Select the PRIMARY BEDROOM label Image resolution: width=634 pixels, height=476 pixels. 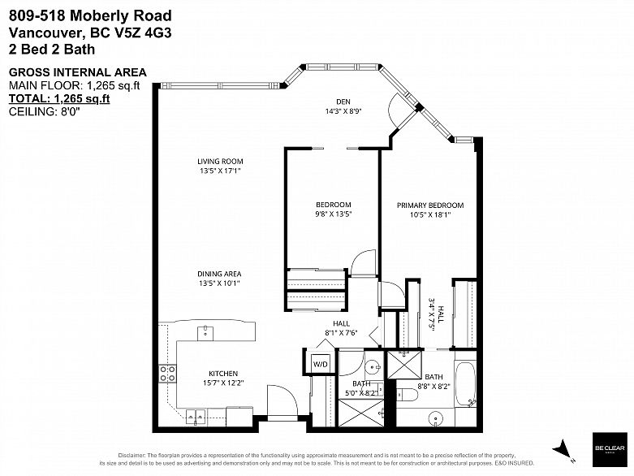[429, 205]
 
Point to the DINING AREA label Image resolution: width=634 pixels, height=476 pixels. [219, 274]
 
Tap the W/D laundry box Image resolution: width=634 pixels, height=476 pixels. [319, 364]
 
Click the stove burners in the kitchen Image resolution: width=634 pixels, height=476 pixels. [168, 373]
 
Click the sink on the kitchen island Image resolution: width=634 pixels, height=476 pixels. [206, 331]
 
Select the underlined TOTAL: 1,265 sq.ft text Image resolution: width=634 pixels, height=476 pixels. [58, 99]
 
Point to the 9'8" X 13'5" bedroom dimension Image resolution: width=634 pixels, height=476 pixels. [333, 214]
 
